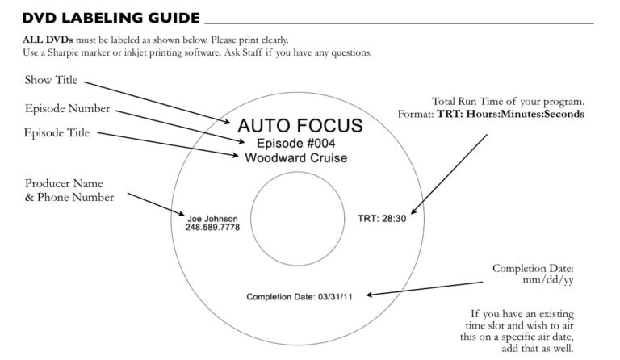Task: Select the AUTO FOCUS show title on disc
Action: pos(300,125)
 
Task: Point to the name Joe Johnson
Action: pos(213,218)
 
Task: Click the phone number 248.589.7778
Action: pos(212,228)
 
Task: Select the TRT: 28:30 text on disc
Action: pos(382,218)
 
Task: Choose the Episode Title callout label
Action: pos(57,132)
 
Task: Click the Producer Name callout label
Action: pos(64,184)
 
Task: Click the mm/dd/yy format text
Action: pos(547,280)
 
